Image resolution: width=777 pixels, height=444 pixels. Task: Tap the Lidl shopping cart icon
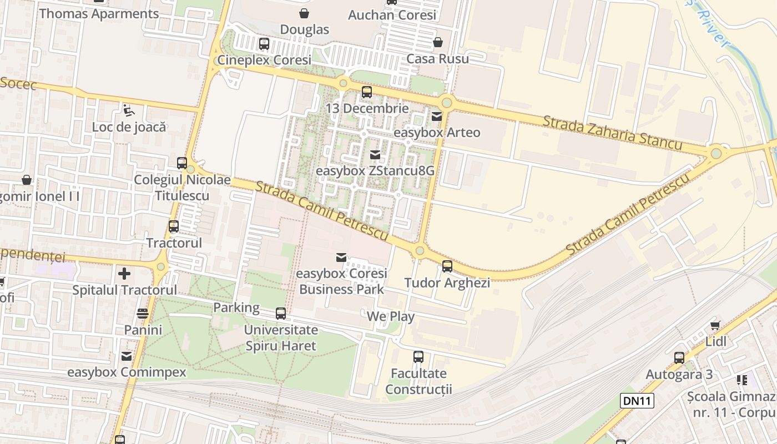(x=715, y=325)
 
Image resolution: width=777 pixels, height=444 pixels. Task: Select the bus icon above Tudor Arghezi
(x=447, y=266)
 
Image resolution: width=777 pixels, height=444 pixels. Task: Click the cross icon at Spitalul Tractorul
(x=124, y=274)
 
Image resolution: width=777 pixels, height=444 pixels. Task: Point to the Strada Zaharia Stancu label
(x=612, y=133)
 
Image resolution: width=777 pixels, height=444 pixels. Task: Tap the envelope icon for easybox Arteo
(x=437, y=117)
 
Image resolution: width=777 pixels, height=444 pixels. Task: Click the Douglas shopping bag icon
(x=304, y=13)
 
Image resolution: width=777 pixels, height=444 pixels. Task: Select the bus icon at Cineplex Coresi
(x=264, y=43)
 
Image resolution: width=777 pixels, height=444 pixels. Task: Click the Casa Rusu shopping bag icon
(x=438, y=42)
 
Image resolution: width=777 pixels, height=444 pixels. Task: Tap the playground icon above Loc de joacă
(x=128, y=110)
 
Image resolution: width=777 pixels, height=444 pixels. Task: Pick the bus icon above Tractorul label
(x=174, y=226)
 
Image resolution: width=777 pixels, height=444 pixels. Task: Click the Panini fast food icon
(x=143, y=314)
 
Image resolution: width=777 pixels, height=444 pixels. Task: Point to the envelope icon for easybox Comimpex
(x=127, y=356)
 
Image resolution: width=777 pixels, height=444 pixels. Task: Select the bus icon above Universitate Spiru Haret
(x=281, y=314)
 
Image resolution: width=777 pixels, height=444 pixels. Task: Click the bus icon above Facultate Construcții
(x=418, y=357)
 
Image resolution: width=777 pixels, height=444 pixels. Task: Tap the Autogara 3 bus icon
(x=679, y=358)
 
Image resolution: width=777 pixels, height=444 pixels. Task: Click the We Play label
(x=391, y=317)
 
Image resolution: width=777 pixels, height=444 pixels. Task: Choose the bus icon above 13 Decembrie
(x=367, y=92)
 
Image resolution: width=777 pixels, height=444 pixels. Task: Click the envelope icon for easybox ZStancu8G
(x=375, y=155)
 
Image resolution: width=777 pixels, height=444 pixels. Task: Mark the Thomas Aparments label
(x=99, y=14)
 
